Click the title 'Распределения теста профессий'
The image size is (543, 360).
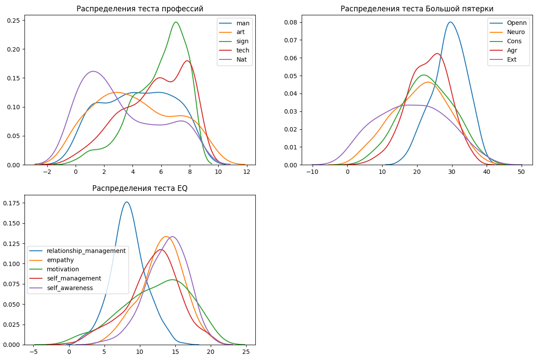click(140, 9)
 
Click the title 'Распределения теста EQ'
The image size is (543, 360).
click(140, 188)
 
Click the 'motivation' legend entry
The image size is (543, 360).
click(63, 269)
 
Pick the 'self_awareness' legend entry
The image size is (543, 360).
click(70, 288)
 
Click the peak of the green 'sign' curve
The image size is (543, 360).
click(176, 22)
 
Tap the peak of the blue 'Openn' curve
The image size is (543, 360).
click(450, 22)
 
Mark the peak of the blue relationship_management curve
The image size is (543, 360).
click(126, 202)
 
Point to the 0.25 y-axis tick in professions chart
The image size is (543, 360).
click(13, 21)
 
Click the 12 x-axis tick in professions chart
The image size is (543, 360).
click(247, 172)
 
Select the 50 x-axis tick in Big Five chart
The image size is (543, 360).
click(522, 172)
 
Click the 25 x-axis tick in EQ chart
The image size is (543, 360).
click(246, 352)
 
